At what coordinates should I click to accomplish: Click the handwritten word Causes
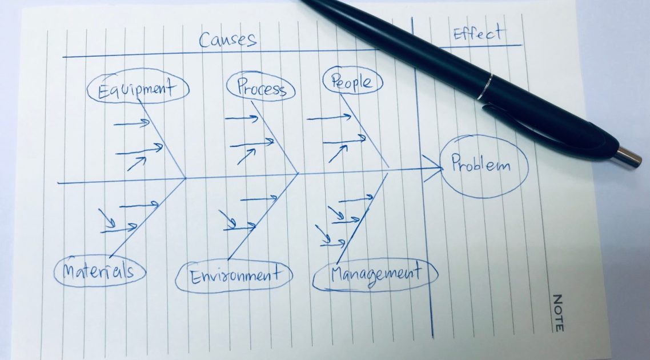[x=227, y=39]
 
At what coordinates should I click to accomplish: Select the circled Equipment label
[x=138, y=89]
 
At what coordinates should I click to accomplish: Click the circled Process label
[x=260, y=88]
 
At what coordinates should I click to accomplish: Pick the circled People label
[x=352, y=81]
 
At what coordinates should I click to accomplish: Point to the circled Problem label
[x=480, y=165]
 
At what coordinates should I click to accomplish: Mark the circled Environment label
[x=234, y=276]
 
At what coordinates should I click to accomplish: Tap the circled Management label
[x=375, y=273]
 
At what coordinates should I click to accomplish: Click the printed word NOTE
[x=558, y=313]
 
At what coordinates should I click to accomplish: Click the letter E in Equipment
[x=103, y=91]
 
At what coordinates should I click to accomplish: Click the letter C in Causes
[x=205, y=39]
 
